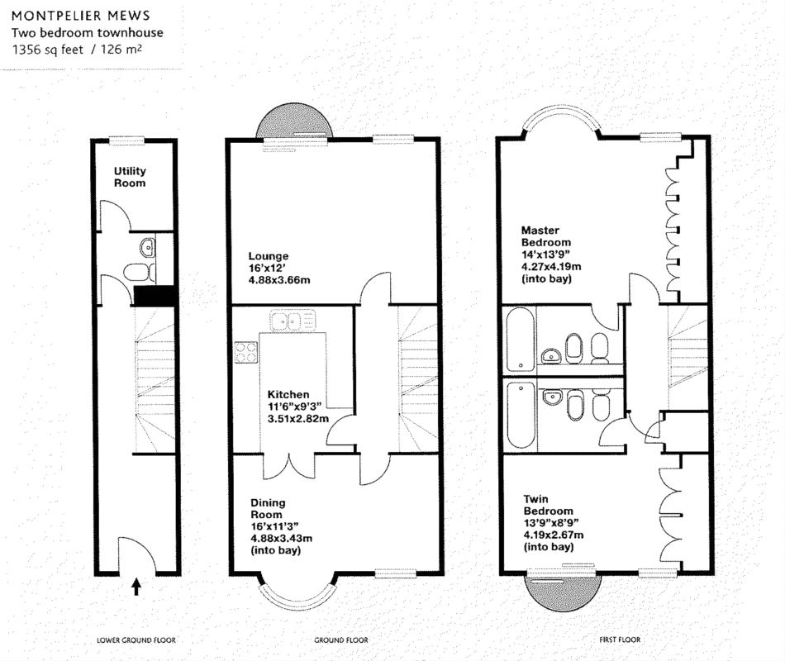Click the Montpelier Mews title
pyautogui.click(x=81, y=16)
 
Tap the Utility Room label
pyautogui.click(x=130, y=177)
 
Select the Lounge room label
pyautogui.click(x=269, y=256)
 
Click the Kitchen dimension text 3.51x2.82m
pyautogui.click(x=297, y=418)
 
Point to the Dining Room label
pyautogui.click(x=268, y=508)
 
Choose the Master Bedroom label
pyautogui.click(x=545, y=235)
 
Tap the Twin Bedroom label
pyautogui.click(x=548, y=505)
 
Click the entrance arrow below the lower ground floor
pyautogui.click(x=136, y=587)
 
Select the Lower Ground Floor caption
pyautogui.click(x=136, y=640)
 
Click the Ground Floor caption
pyautogui.click(x=341, y=640)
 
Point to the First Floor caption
pyautogui.click(x=620, y=640)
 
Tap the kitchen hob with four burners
pyautogui.click(x=246, y=352)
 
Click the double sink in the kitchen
pyautogui.click(x=293, y=321)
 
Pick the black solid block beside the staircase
pyautogui.click(x=155, y=296)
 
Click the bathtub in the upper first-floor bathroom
pyautogui.click(x=520, y=340)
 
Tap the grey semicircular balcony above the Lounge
pyautogui.click(x=294, y=120)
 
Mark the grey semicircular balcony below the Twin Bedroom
pyautogui.click(x=562, y=592)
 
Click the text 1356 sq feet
pyautogui.click(x=48, y=49)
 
